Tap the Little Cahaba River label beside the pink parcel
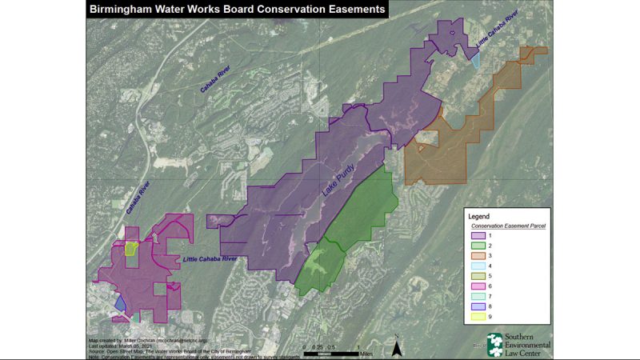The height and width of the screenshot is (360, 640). click(x=210, y=259)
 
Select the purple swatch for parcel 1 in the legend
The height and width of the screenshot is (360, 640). click(x=479, y=236)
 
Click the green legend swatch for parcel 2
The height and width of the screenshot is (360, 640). click(x=479, y=247)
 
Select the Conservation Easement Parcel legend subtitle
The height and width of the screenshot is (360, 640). click(x=505, y=226)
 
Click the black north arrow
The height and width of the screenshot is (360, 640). click(x=397, y=346)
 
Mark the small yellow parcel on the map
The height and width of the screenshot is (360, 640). click(x=131, y=249)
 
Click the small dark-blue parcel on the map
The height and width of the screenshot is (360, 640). click(x=121, y=303)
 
